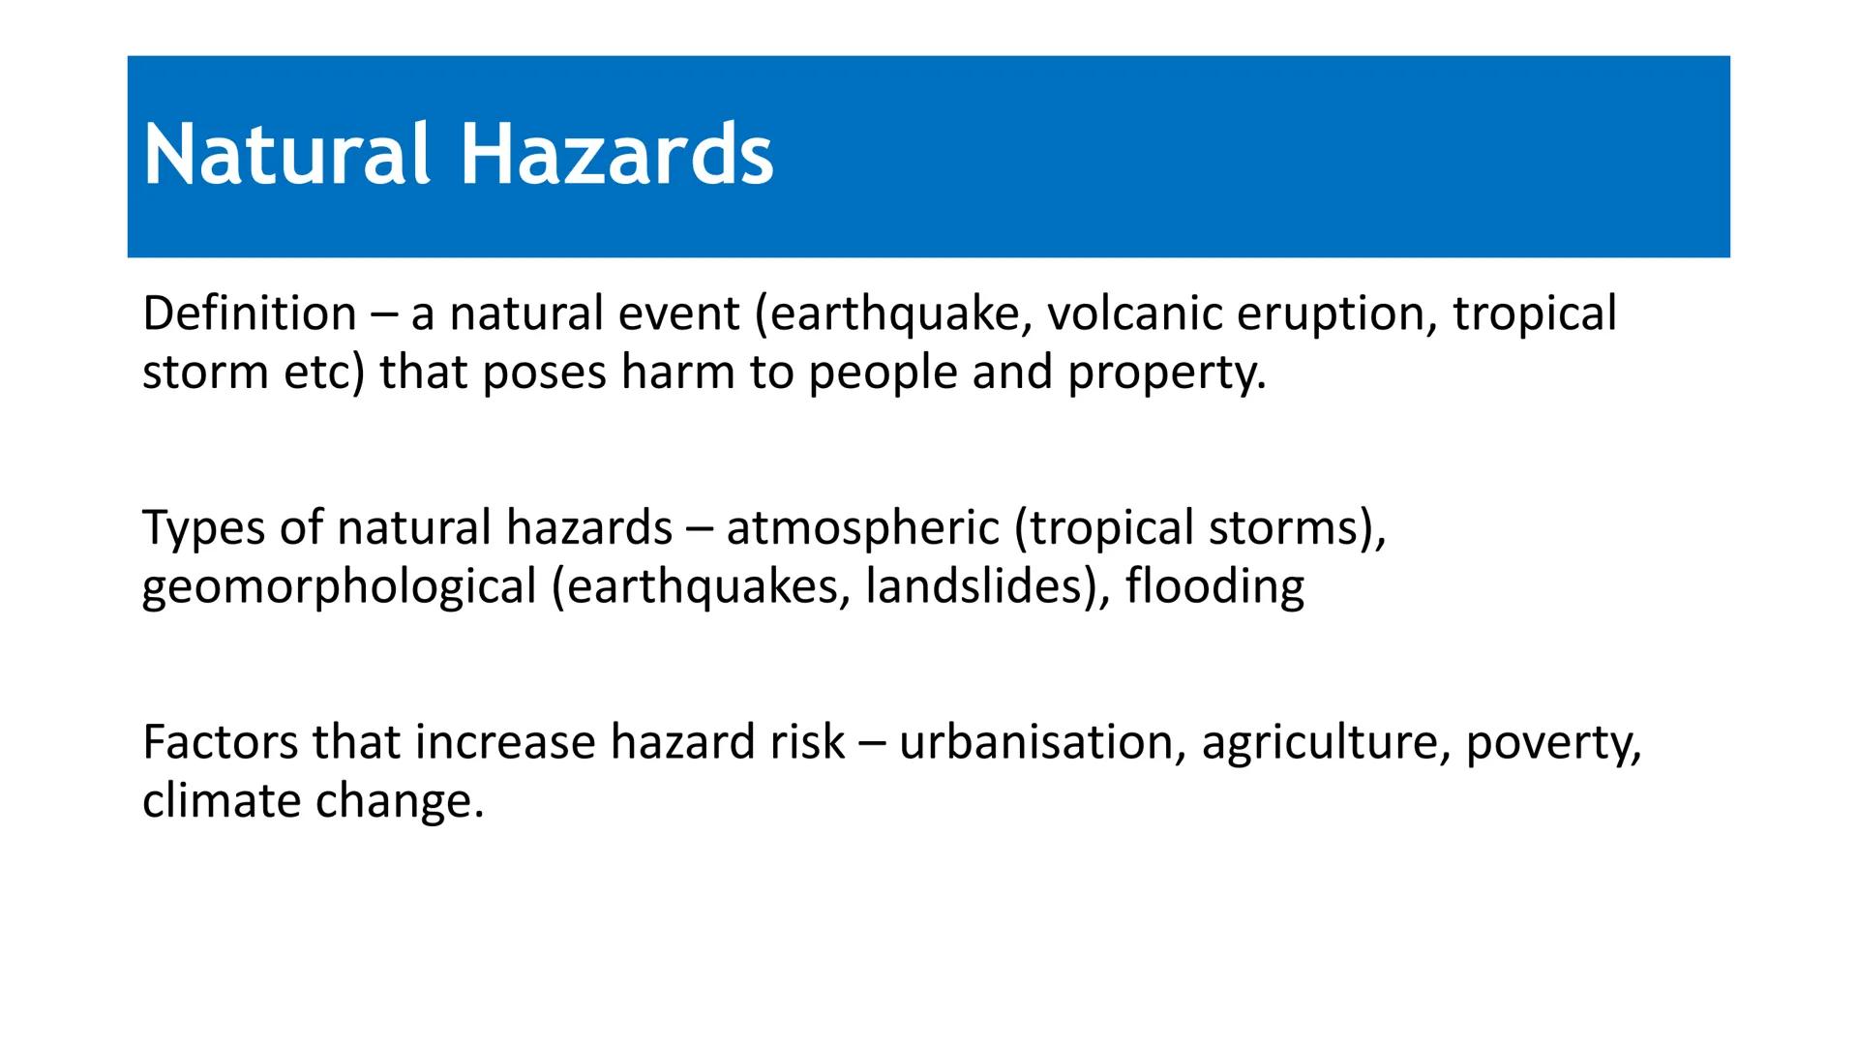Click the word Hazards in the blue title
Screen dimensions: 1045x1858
[x=616, y=155]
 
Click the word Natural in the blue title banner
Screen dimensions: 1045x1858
[x=285, y=155]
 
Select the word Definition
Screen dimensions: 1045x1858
[x=249, y=313]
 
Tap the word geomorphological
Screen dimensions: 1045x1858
[x=339, y=589]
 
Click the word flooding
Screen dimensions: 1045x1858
[x=1214, y=587]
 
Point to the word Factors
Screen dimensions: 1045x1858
[x=220, y=743]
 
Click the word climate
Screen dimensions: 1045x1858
[x=221, y=802]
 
